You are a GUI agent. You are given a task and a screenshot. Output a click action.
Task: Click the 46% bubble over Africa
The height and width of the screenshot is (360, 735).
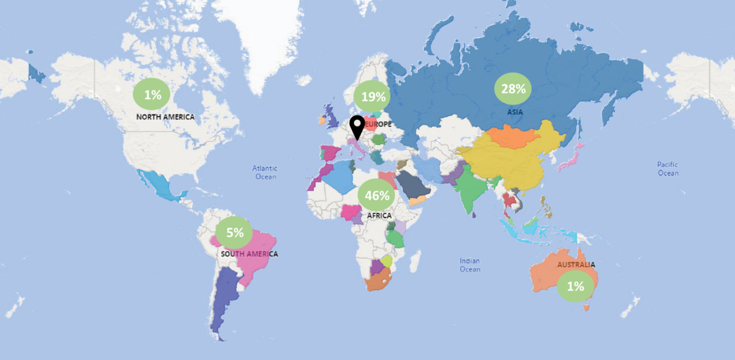coord(376,196)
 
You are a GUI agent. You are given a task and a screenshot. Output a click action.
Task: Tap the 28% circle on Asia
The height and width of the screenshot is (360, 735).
coord(513,89)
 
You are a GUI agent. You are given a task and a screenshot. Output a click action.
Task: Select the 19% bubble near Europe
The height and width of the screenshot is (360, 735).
coord(372,96)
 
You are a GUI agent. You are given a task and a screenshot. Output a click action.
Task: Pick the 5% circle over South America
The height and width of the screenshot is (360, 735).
coord(234,232)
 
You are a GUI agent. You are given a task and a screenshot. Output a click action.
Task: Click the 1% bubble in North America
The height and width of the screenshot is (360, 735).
coord(152,95)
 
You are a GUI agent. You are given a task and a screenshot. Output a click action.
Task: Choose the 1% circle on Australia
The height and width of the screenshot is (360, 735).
coord(575,286)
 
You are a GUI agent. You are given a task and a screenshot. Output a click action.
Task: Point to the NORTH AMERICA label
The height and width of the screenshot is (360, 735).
coord(165,117)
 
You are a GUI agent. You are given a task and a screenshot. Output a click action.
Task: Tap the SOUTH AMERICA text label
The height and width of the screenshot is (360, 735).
coord(249,254)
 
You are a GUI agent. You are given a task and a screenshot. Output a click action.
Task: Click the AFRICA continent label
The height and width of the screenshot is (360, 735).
coord(379,216)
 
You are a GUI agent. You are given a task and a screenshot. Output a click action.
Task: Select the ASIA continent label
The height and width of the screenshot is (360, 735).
coord(515,112)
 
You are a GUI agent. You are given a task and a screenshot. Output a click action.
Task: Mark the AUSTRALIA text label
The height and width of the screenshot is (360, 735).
coord(576,265)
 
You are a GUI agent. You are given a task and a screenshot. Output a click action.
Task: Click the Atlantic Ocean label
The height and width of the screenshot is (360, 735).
coord(265,173)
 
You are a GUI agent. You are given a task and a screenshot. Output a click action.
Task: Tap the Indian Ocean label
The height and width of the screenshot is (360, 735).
coord(470,265)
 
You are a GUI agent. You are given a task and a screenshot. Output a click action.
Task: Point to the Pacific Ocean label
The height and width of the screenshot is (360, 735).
coord(667,169)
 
